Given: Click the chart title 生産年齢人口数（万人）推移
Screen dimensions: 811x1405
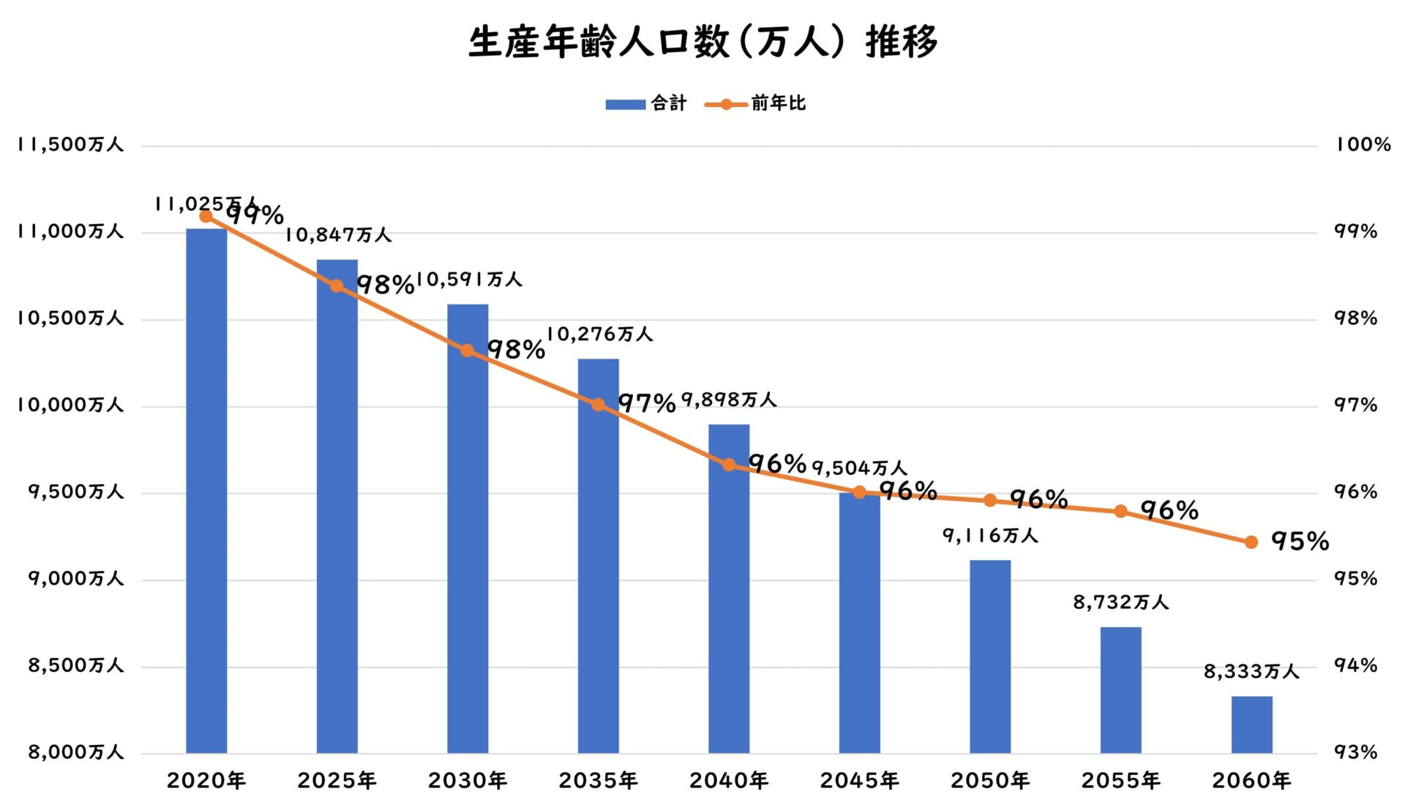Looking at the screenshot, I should (702, 42).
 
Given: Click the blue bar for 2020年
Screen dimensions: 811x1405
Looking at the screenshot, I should (206, 490).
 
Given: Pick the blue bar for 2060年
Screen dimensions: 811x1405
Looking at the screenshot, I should (1251, 724).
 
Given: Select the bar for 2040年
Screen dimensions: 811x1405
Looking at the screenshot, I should (729, 588).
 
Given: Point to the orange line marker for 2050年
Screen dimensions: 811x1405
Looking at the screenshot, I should (990, 501).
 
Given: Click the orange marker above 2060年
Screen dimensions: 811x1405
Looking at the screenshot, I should (1251, 542).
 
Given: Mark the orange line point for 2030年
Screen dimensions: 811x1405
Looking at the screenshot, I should (468, 351).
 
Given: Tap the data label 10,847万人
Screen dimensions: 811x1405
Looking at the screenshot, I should (338, 235).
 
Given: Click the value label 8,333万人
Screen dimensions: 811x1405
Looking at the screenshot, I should (1251, 671).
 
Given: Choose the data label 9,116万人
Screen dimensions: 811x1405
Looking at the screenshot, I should (990, 536).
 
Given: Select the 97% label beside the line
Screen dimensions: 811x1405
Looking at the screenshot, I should (646, 403).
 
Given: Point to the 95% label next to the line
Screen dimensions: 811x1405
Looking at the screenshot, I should (1300, 542).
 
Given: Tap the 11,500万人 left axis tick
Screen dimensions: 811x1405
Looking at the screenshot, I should (70, 145).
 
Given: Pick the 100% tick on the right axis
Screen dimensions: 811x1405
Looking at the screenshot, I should (1363, 145).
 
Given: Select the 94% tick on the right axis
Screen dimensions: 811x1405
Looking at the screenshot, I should (1355, 665).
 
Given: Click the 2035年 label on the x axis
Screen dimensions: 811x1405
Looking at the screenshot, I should (598, 781).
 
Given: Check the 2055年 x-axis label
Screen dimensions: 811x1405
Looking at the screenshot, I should (1120, 781).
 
